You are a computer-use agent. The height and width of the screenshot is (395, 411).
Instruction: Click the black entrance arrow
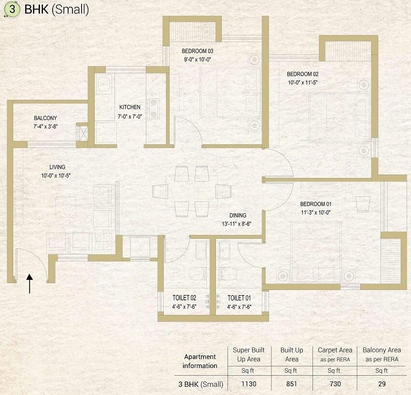coord(30,284)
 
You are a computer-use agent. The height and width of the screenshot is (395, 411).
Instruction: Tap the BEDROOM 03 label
coord(198,51)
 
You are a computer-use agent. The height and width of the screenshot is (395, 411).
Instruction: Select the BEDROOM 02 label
coord(303,74)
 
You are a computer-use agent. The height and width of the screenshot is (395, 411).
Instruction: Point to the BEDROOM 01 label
coord(315,204)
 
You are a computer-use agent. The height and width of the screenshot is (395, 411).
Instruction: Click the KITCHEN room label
coord(130,108)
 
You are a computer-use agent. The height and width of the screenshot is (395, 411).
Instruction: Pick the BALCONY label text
coord(45,118)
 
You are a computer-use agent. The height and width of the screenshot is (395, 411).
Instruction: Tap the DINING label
coord(238,216)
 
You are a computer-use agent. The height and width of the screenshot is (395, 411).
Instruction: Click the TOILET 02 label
coord(184,298)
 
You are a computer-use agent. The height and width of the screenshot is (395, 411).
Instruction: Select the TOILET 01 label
coord(239,298)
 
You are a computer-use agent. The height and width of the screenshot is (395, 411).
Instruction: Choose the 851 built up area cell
coord(292,384)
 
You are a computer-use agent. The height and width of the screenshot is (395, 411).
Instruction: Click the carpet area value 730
coord(335,384)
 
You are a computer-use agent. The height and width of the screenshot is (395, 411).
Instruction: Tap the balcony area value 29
coord(382,384)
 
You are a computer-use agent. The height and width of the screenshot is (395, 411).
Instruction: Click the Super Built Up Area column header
coord(246,354)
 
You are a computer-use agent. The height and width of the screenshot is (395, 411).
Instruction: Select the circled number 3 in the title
coord(12,10)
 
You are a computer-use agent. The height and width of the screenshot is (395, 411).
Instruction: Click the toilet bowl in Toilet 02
coord(198,273)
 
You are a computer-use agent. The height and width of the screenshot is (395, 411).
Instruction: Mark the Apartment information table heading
coord(200,361)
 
